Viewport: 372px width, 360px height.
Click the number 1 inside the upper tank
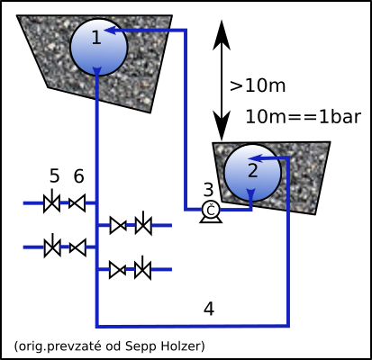tap(96, 38)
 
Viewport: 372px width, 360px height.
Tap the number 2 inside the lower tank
tap(253, 170)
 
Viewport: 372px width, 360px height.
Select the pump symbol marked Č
tap(211, 211)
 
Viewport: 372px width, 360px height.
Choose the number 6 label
tap(78, 175)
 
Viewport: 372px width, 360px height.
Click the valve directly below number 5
tap(52, 202)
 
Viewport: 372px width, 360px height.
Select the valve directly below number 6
tap(77, 203)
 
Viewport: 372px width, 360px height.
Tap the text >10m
tap(258, 85)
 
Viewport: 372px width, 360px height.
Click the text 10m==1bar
tap(304, 116)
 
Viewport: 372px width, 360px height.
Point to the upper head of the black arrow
tap(222, 34)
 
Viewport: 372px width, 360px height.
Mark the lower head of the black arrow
tap(222, 126)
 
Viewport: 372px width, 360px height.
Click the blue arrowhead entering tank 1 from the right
tap(110, 30)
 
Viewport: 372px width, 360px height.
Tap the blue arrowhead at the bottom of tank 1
tap(97, 71)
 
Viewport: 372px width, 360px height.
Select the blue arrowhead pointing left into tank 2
tap(256, 158)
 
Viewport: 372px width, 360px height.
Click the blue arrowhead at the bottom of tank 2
tap(251, 193)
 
